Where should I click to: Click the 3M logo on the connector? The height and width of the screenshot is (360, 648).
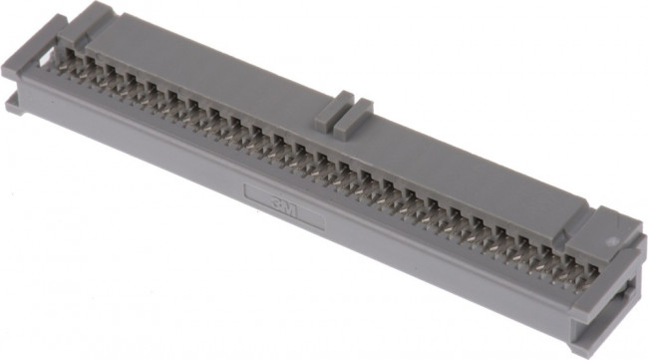284,202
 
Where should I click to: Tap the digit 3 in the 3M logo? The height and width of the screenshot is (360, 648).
276,200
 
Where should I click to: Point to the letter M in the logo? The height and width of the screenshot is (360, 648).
292,205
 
